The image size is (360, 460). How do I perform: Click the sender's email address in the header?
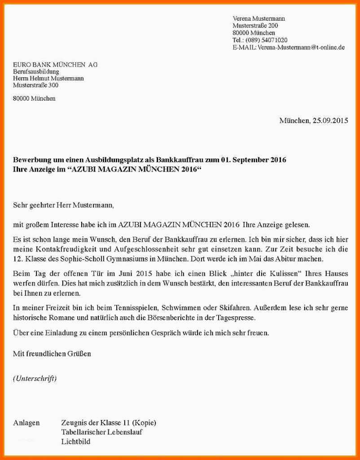(x=301, y=47)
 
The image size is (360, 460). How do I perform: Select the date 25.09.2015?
(x=330, y=120)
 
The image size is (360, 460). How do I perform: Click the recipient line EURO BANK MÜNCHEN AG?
(x=55, y=65)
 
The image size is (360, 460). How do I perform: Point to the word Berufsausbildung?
(x=36, y=71)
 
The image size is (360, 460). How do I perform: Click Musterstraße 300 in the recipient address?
(x=36, y=85)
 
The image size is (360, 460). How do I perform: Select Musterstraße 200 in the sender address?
(x=255, y=26)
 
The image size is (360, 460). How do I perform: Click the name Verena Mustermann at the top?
(x=259, y=18)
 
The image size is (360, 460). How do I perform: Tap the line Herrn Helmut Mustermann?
(x=48, y=78)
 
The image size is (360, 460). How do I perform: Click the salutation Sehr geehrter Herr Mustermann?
(x=63, y=205)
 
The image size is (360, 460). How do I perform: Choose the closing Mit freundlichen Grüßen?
(x=52, y=354)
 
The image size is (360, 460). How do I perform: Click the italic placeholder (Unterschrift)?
(x=35, y=378)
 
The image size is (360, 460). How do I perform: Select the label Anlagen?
(x=26, y=423)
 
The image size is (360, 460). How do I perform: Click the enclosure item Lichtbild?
(x=75, y=442)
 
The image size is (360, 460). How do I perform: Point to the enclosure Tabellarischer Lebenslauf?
(x=102, y=432)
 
